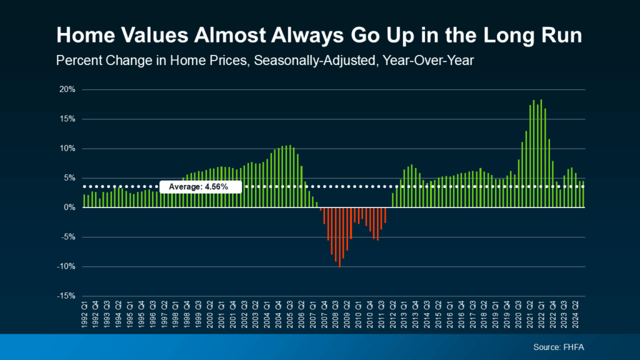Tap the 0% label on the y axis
pos(71,207)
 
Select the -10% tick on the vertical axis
pos(67,267)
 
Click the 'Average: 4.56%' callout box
pos(201,187)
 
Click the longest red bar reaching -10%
pos(339,237)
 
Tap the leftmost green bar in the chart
pos(84,201)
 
